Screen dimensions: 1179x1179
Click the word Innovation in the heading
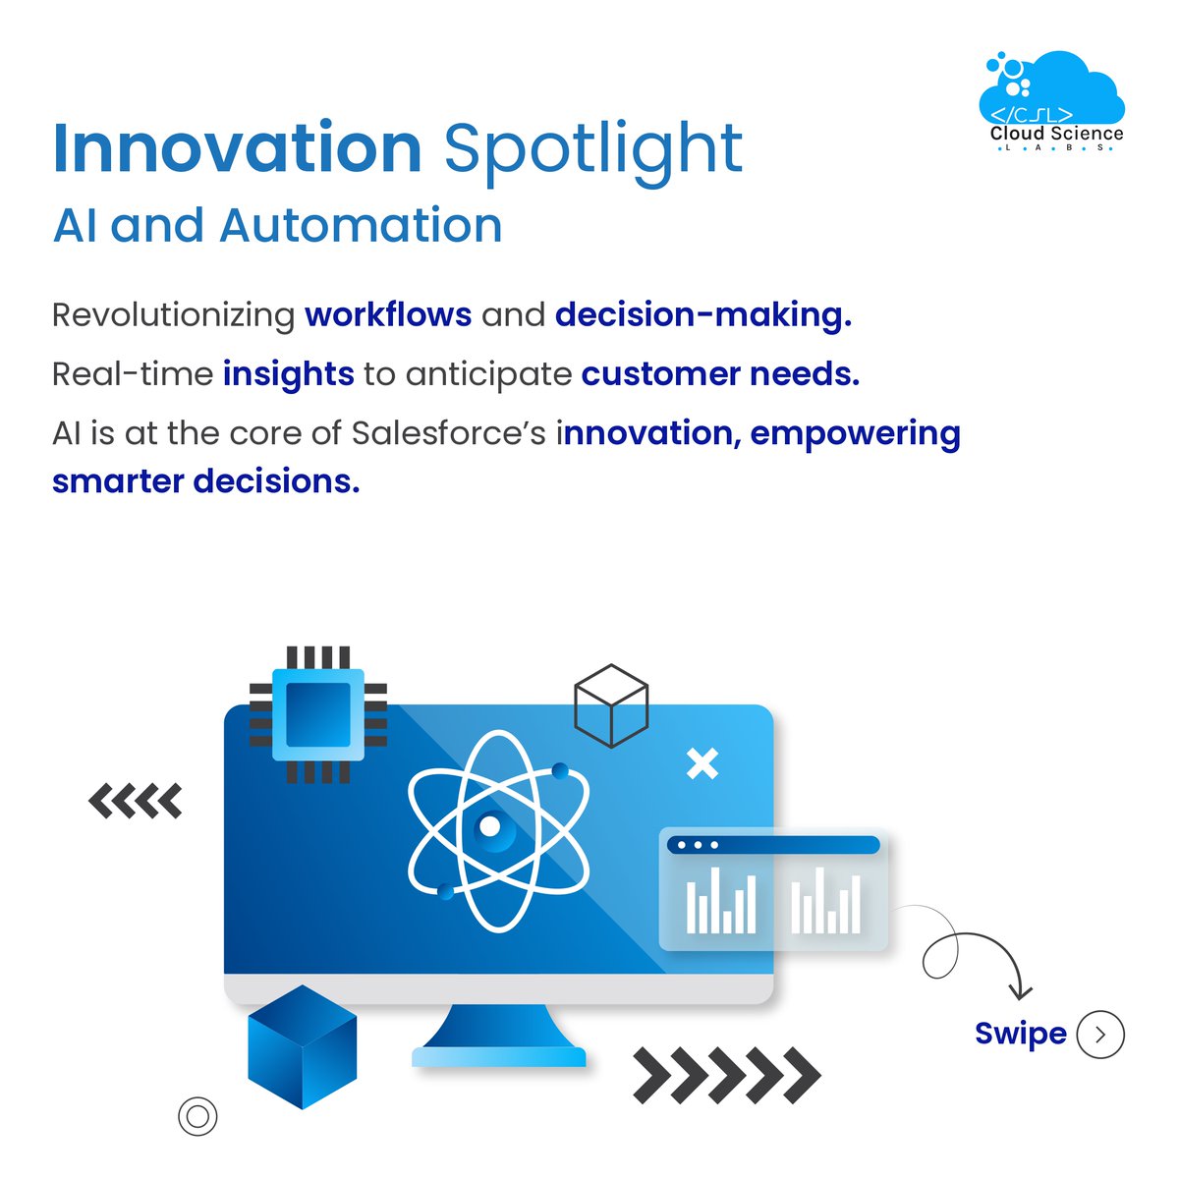coord(237,149)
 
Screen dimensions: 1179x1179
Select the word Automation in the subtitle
coord(361,225)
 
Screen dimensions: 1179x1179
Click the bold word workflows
coord(388,314)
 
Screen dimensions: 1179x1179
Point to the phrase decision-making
coord(703,315)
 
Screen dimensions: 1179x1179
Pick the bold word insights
coord(289,374)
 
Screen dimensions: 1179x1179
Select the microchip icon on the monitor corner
coord(317,714)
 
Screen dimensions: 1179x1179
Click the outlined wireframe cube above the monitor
coord(611,705)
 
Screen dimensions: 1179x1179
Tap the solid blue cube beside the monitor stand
coord(302,1046)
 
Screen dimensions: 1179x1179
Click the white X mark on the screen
coord(702,763)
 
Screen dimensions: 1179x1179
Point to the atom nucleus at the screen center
coord(488,828)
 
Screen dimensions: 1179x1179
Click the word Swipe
coord(1020,1034)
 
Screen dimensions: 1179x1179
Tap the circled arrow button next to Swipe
coord(1100,1035)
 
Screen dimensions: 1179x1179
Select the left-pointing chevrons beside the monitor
coord(136,801)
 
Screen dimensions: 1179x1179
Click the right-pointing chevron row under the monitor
coord(726,1075)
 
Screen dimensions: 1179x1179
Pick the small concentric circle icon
coord(197,1116)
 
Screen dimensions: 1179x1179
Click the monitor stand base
coord(499,1056)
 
